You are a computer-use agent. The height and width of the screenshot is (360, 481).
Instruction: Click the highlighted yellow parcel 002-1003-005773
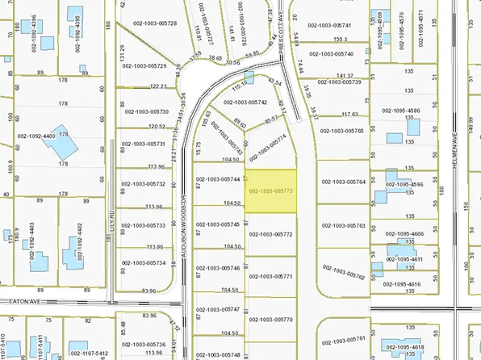click(270, 191)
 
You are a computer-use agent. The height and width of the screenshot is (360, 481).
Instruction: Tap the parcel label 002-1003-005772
click(271, 234)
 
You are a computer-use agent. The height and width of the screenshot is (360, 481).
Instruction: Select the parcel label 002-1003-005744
click(219, 178)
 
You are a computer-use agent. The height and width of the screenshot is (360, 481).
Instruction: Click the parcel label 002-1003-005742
click(245, 103)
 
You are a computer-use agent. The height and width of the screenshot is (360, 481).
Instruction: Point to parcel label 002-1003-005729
click(144, 66)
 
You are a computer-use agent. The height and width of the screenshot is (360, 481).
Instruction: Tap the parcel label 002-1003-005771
click(271, 276)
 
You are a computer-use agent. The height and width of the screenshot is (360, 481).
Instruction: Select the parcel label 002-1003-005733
click(144, 225)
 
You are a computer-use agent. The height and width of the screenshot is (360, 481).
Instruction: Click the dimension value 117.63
click(348, 115)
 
